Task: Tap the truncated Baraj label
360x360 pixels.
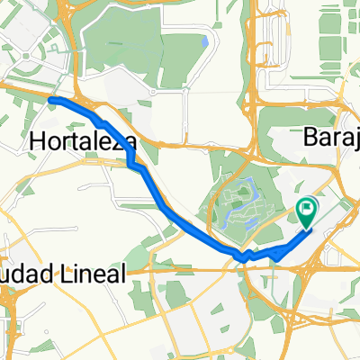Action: point(330,138)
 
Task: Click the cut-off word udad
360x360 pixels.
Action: point(19,274)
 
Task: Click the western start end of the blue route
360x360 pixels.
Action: point(51,100)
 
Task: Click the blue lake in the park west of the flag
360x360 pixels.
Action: point(246,194)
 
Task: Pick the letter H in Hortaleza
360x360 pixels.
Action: point(38,140)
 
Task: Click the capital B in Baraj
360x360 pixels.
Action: point(310,138)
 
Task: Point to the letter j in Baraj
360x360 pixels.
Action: point(355,139)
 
